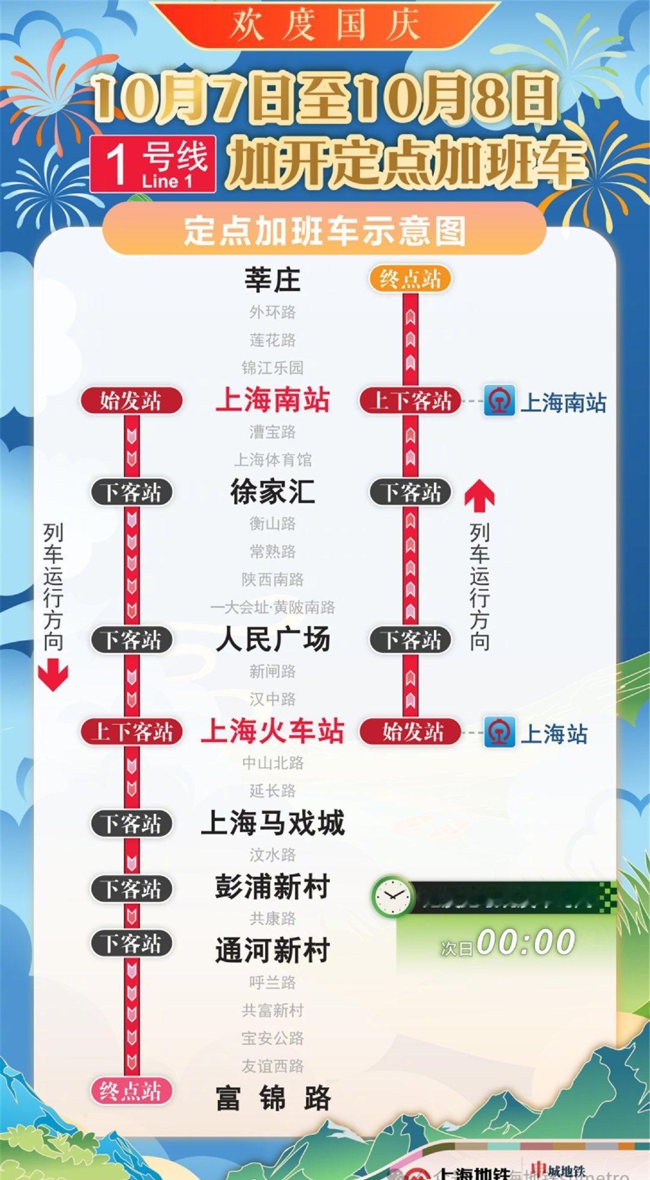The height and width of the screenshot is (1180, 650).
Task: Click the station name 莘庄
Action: click(x=272, y=280)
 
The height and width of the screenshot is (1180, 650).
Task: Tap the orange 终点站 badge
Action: click(x=410, y=279)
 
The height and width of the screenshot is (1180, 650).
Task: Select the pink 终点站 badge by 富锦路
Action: click(x=131, y=1091)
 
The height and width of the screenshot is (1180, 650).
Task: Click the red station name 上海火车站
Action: click(x=273, y=731)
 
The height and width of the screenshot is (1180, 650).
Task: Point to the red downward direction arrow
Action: click(x=53, y=675)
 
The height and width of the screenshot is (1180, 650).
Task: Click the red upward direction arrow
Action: click(x=480, y=495)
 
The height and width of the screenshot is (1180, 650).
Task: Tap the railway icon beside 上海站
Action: click(x=500, y=732)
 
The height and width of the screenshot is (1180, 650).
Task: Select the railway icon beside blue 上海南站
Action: click(x=500, y=401)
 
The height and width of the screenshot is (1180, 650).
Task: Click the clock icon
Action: click(x=392, y=895)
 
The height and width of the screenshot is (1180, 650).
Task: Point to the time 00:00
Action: click(x=525, y=942)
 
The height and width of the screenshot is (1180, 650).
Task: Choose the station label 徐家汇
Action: click(x=272, y=492)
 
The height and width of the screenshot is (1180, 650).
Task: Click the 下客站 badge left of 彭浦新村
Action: click(x=131, y=888)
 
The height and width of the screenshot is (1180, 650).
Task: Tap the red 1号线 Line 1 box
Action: click(x=153, y=164)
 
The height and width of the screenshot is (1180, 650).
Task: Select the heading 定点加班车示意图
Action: click(x=324, y=230)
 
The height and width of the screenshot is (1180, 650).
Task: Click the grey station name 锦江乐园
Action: click(x=272, y=367)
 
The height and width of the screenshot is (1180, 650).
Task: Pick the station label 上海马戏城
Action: click(x=272, y=823)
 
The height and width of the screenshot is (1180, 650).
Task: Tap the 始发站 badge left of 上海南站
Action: click(x=131, y=401)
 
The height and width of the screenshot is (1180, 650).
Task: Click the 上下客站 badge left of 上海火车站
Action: click(x=131, y=732)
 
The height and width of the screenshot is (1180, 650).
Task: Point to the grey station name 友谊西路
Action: click(x=272, y=1066)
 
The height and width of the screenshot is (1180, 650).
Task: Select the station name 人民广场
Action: click(x=272, y=639)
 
